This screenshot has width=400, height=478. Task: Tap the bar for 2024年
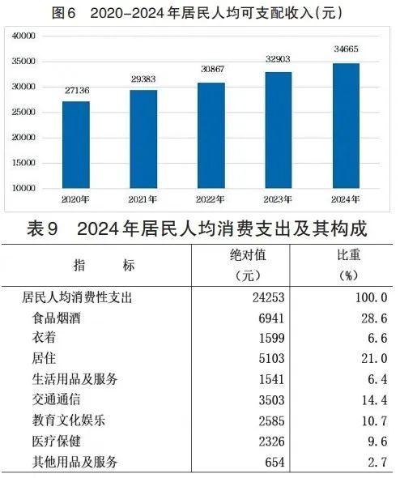(346, 125)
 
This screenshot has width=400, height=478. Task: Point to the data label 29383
(143, 79)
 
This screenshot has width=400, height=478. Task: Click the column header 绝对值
(248, 255)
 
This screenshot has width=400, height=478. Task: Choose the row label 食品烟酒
(74, 318)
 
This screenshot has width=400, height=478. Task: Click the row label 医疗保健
(74, 441)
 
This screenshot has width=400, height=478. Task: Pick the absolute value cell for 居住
(261, 358)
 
